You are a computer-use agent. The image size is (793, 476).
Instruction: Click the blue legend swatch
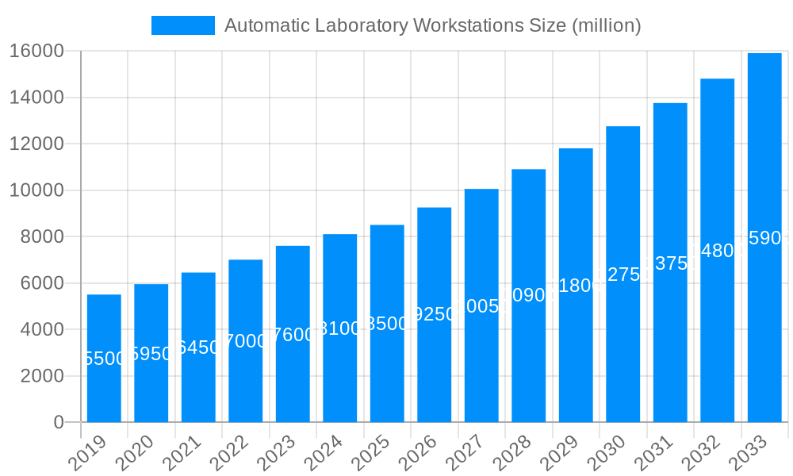tap(183, 25)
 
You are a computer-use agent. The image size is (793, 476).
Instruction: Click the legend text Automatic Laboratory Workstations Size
tap(432, 25)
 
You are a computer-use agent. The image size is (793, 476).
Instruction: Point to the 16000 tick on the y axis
tap(36, 52)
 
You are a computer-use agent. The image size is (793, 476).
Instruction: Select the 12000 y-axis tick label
tap(36, 144)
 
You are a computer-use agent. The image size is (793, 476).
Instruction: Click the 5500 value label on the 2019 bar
tap(104, 359)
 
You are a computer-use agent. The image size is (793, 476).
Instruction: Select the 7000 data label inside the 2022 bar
tap(245, 341)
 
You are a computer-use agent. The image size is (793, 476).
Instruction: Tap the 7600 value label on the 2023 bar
tap(293, 335)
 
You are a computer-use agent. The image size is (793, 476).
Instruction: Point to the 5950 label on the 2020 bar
tap(151, 354)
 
